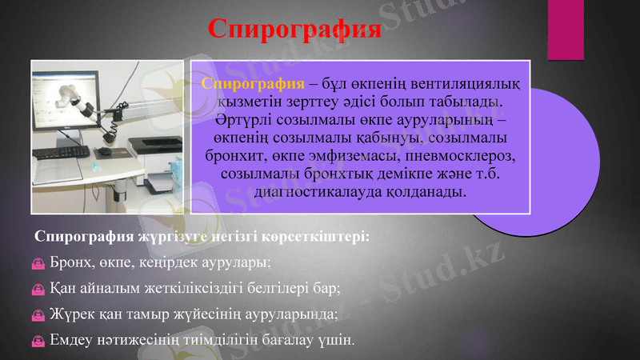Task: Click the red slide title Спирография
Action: point(294,29)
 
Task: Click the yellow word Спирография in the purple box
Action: point(253,84)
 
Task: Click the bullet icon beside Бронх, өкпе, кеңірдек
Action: point(38,262)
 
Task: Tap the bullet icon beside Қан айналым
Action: point(38,288)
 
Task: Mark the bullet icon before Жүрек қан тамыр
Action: point(38,314)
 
